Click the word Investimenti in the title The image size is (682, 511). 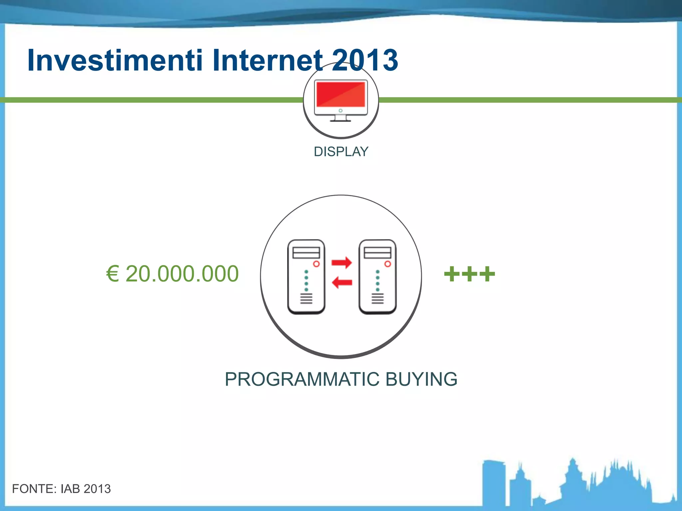point(115,60)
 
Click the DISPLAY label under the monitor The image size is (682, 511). point(341,152)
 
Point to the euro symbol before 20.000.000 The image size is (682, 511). point(113,274)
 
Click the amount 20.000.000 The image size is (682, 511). point(182,274)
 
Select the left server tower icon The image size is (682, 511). point(306,277)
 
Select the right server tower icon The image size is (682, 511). point(377,277)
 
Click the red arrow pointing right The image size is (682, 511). point(342,262)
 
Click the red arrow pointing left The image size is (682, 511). point(342,282)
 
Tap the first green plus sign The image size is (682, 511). point(452,274)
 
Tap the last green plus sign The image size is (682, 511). point(487,274)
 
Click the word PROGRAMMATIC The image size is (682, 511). point(302,379)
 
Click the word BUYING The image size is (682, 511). point(421,379)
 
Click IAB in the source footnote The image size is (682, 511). point(70,489)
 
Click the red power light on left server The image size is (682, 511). point(316,264)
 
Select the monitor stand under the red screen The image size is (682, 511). point(340,118)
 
